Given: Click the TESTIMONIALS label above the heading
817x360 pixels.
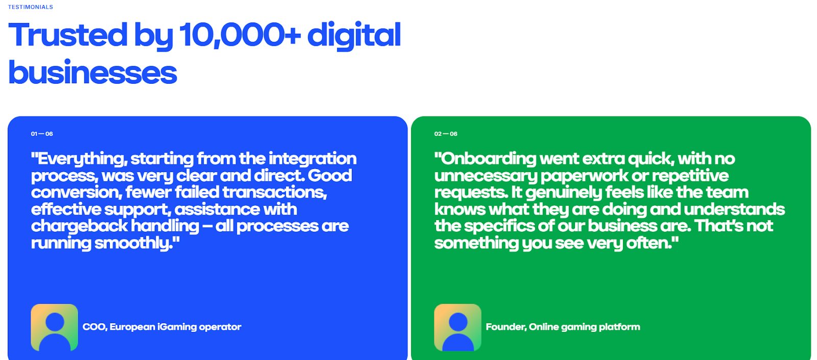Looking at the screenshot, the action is click(31, 7).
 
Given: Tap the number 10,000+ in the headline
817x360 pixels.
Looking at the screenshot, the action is click(240, 35).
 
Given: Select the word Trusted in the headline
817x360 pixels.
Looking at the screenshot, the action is click(68, 35).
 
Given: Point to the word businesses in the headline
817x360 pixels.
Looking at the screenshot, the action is click(92, 72).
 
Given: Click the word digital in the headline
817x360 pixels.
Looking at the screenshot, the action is click(354, 36).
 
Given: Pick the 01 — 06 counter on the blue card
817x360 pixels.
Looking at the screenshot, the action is click(42, 134).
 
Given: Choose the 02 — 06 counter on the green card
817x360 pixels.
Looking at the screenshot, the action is click(446, 134).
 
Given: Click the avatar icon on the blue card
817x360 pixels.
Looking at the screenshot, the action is click(54, 327).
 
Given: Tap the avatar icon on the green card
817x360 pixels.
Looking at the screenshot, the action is click(458, 327).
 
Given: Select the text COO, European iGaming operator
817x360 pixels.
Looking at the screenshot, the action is click(162, 327).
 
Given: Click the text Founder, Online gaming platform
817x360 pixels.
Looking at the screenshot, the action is click(563, 327).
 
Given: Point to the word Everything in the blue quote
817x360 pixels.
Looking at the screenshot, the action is click(80, 159).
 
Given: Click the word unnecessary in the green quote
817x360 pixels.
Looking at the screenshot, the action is click(486, 176).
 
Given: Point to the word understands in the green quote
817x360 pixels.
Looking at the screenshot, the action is click(734, 209).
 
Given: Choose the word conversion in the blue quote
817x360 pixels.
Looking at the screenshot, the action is click(77, 193).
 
